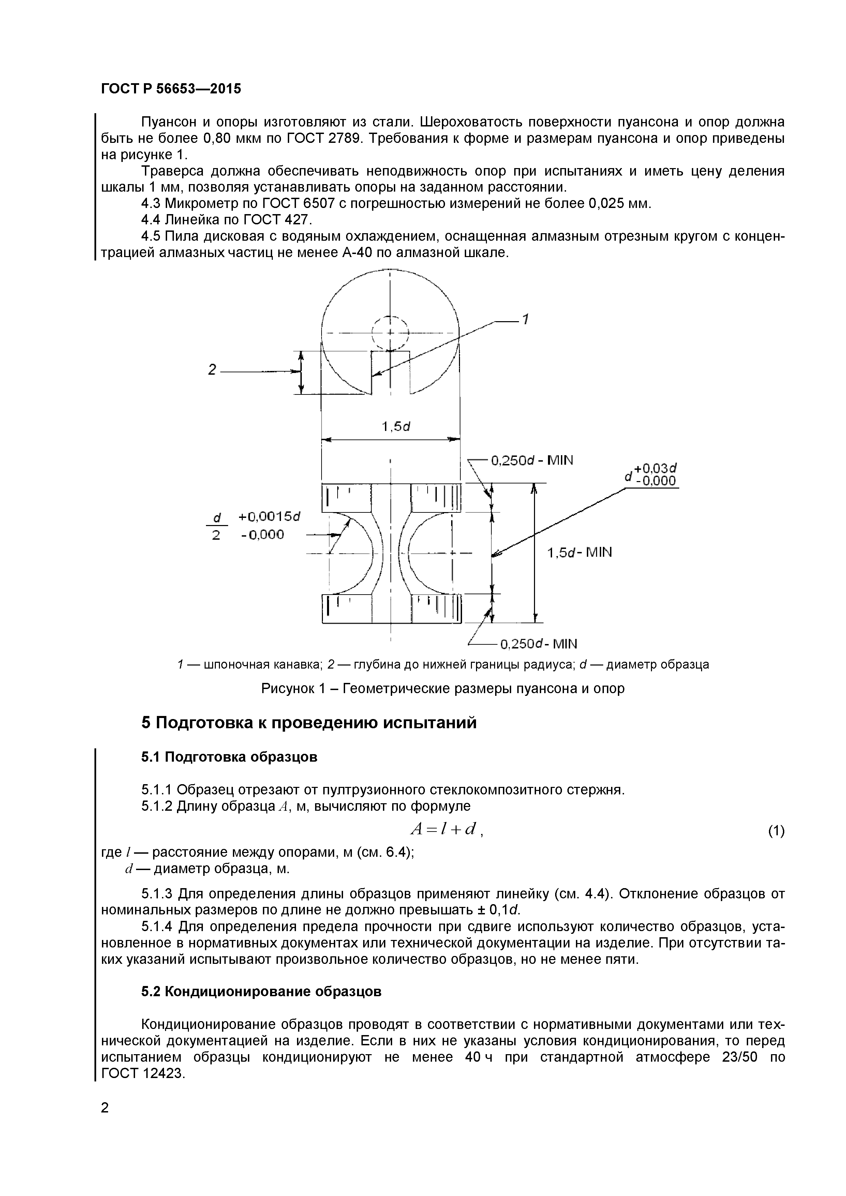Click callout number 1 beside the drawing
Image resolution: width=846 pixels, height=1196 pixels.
click(x=525, y=319)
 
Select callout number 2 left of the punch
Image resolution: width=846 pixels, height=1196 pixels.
click(x=211, y=370)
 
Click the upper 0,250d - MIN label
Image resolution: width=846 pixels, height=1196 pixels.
click(x=532, y=461)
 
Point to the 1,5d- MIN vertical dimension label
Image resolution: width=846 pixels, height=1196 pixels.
click(x=579, y=552)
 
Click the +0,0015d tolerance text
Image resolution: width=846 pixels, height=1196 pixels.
click(x=270, y=516)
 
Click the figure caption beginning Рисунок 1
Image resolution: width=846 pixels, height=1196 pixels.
click(x=442, y=689)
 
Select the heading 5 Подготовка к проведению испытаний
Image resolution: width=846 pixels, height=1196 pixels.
click(x=309, y=723)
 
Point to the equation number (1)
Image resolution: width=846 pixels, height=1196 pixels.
click(x=776, y=831)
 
